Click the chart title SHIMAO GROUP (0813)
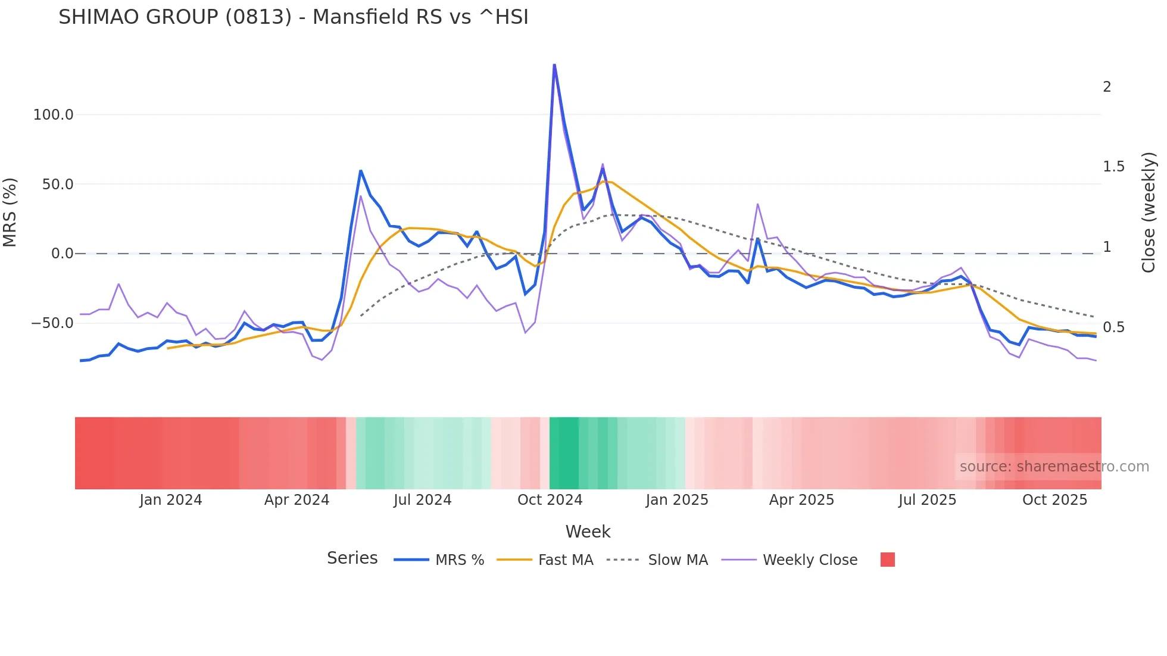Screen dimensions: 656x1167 point(293,17)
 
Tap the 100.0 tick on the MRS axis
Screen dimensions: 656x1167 point(53,115)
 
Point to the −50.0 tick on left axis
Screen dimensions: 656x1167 point(52,323)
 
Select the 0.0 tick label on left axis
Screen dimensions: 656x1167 point(62,254)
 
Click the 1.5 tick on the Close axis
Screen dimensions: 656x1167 point(1113,167)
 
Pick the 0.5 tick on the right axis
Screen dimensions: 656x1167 point(1113,327)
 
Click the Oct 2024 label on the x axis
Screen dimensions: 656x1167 point(550,500)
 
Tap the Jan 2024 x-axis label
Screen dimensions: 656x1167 point(171,500)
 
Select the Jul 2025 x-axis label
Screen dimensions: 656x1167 point(927,500)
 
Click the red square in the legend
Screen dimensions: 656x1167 point(887,560)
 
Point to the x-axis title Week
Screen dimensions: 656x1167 point(588,532)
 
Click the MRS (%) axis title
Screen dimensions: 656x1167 point(10,212)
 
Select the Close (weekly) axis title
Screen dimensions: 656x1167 point(1149,212)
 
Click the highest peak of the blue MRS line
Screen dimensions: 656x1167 point(554,65)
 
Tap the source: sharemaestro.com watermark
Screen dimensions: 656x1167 point(1054,467)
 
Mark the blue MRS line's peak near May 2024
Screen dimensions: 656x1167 point(361,171)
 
